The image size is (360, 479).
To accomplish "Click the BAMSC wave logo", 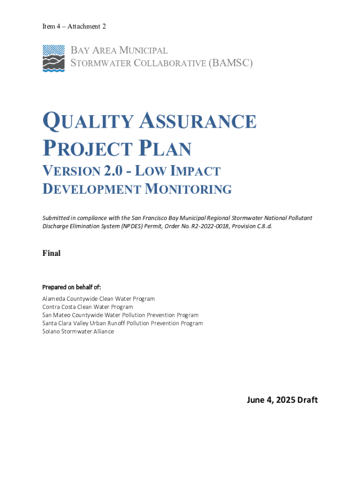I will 53,58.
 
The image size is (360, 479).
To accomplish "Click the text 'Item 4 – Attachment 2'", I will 74,27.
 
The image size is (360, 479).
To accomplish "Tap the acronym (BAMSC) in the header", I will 230,63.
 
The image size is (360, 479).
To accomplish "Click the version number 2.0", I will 115,171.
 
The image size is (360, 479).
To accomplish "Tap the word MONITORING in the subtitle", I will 187,189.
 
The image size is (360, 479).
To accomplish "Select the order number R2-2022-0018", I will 216,226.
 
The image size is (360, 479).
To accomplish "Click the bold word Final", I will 51,253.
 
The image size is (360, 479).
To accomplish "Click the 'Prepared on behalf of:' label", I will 72,287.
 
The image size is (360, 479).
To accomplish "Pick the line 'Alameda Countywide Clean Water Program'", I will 98,298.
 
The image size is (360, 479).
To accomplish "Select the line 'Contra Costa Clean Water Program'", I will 87,307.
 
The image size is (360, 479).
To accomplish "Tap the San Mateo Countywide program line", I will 120,315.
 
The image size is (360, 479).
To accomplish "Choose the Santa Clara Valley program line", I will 122,323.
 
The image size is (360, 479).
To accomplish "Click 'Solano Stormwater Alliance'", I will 78,332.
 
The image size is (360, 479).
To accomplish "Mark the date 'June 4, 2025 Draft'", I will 282,400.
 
